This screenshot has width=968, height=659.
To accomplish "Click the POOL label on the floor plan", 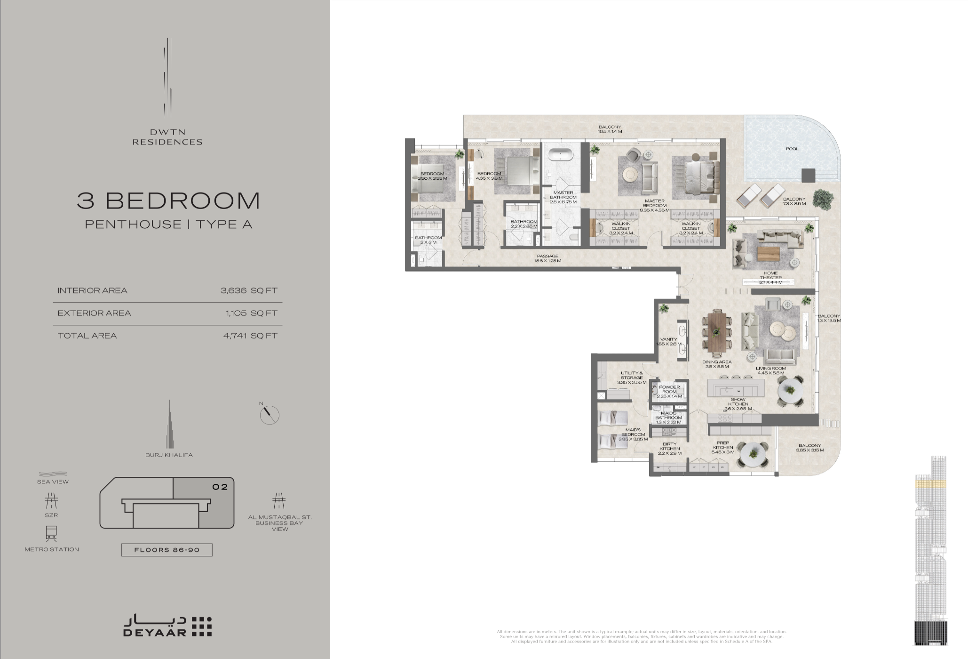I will pos(792,149).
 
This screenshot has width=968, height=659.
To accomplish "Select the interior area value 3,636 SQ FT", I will pos(249,290).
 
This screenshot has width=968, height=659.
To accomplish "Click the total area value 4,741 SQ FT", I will pos(250,336).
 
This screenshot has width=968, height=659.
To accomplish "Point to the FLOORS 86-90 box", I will pos(167,550).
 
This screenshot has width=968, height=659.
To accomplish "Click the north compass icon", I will pos(270,415).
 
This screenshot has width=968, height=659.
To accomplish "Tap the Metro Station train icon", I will pos(52,534).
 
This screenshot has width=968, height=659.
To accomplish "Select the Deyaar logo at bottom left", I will pos(167,626).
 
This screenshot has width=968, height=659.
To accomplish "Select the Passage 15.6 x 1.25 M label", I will pos(547,258).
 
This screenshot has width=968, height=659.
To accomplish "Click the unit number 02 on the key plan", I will pos(220,487).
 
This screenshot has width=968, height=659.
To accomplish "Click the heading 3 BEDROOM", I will pos(168,201).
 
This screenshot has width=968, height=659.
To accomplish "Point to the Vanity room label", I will pos(668,341).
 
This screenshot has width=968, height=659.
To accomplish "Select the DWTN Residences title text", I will pos(167,137).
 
